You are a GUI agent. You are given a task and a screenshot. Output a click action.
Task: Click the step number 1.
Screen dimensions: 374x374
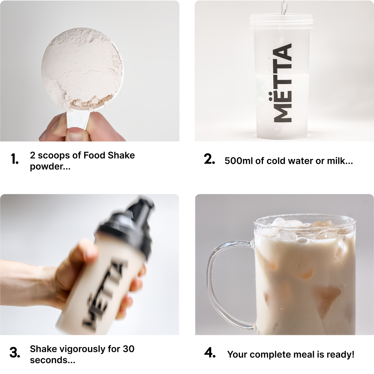coord(15,159)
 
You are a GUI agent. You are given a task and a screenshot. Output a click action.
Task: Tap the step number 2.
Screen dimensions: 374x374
coord(210,159)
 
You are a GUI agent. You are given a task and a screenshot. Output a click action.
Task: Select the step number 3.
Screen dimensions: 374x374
coord(15,353)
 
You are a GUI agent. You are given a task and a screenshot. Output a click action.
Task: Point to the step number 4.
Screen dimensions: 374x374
coord(210,353)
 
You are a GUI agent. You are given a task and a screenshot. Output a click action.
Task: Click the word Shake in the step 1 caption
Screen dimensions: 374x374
coord(121,155)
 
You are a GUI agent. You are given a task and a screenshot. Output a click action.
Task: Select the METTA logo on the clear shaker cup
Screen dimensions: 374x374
coord(283,82)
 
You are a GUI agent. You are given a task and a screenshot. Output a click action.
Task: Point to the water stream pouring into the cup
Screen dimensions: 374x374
coord(284,7)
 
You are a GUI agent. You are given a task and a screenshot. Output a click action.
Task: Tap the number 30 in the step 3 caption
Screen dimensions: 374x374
coord(128,349)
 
